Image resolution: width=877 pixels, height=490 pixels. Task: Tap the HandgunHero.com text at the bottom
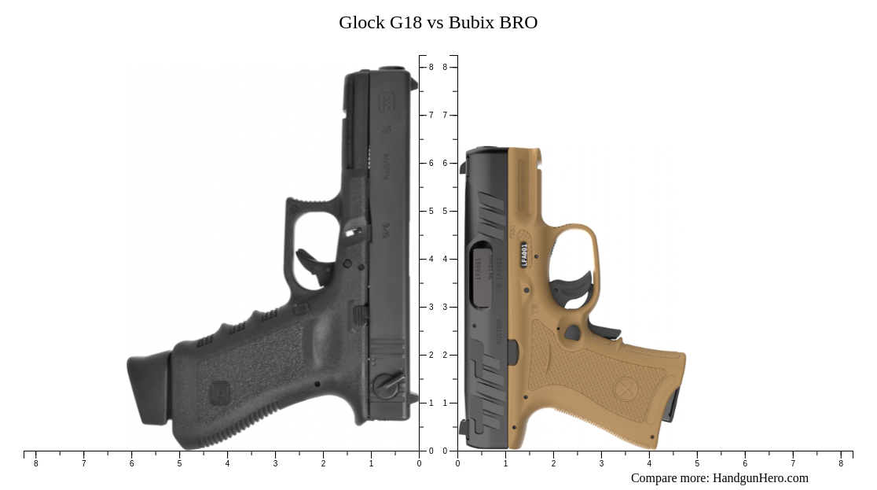click(x=760, y=478)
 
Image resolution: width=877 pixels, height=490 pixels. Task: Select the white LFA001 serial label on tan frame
click(x=524, y=254)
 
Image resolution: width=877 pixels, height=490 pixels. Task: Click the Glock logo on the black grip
click(x=220, y=392)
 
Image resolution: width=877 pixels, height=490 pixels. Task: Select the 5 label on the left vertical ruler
click(x=431, y=212)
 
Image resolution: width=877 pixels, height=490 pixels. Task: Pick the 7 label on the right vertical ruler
click(x=445, y=116)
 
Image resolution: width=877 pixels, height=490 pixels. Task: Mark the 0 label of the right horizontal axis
click(x=457, y=463)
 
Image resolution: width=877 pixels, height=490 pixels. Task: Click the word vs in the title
click(x=435, y=23)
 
